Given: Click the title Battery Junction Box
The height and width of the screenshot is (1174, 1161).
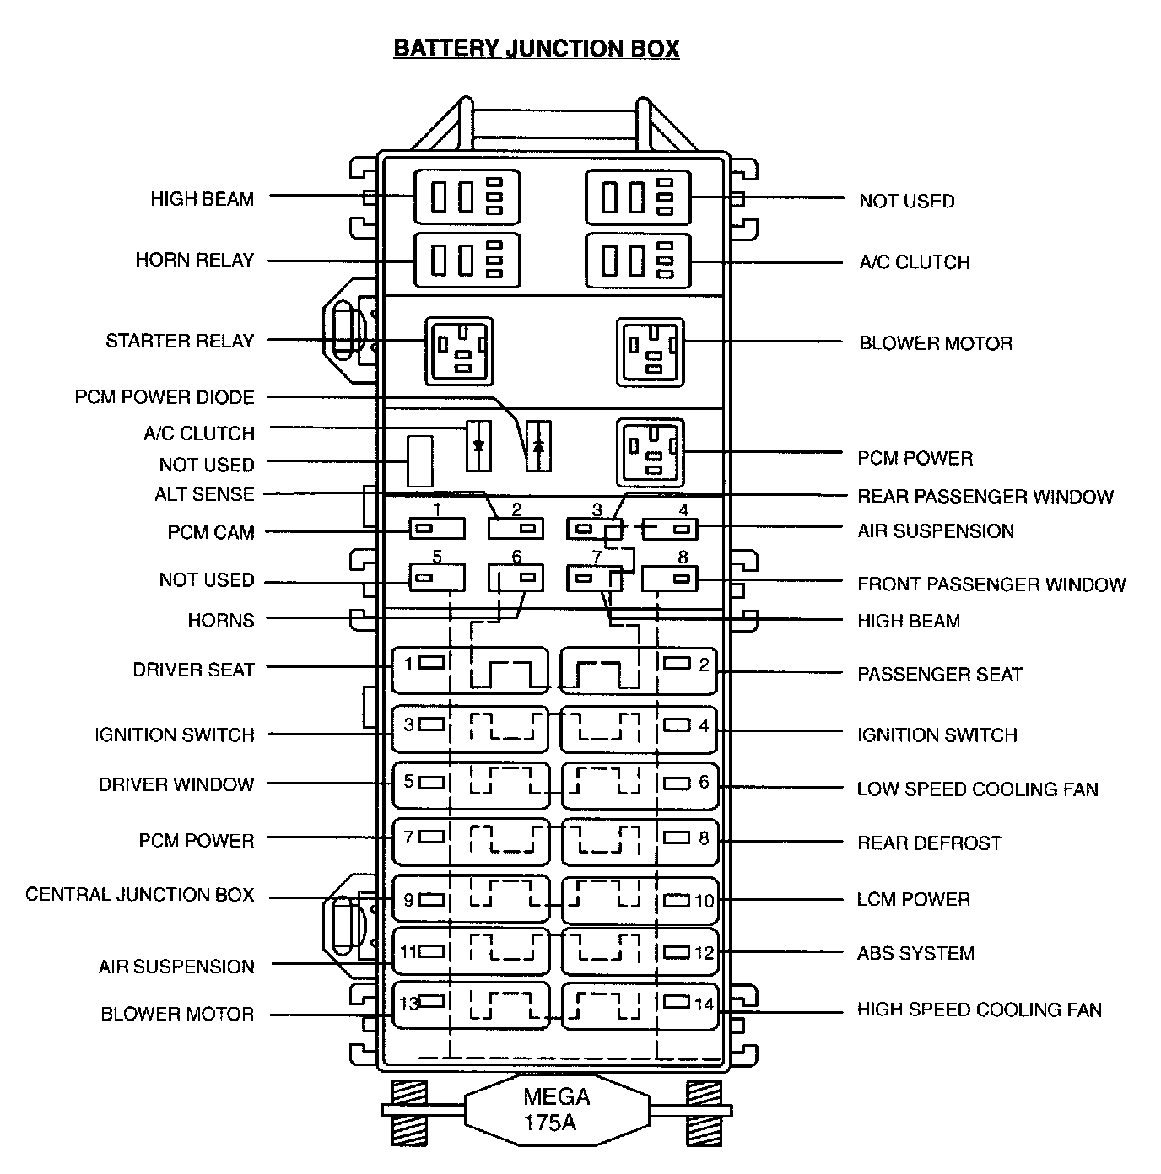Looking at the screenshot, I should [536, 48].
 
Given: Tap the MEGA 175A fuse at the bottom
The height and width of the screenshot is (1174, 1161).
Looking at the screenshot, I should [556, 1109].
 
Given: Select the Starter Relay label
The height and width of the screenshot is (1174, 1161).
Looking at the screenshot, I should [180, 341].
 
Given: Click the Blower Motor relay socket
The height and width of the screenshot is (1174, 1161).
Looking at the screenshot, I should [650, 352].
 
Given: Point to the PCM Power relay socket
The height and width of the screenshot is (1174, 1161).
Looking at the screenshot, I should [650, 452].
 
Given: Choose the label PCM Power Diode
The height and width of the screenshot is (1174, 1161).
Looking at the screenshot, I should [165, 397].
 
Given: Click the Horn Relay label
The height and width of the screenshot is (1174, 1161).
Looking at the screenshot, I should [195, 260].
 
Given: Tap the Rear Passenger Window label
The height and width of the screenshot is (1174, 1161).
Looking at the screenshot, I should [985, 496].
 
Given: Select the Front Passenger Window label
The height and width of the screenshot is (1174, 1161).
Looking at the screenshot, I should [991, 584].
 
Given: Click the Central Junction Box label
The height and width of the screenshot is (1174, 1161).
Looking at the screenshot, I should [139, 894].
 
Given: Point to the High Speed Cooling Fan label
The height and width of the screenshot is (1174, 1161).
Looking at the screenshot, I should [980, 1010].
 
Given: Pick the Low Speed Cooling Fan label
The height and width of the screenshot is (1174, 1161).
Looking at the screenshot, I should [977, 789].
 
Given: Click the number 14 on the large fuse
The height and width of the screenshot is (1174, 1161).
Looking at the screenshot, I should [704, 1004].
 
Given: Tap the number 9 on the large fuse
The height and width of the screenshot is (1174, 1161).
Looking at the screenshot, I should [408, 900].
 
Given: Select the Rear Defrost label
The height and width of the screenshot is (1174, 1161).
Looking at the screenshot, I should [929, 843].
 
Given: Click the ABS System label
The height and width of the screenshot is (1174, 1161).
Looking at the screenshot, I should [915, 953].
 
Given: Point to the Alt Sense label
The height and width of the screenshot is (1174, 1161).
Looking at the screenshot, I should [204, 494].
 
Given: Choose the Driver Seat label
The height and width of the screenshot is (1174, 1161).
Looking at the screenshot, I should [193, 670].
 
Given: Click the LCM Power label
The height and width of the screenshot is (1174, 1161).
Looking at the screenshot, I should [914, 899].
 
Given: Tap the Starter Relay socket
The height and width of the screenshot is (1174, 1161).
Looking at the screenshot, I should [459, 349].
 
